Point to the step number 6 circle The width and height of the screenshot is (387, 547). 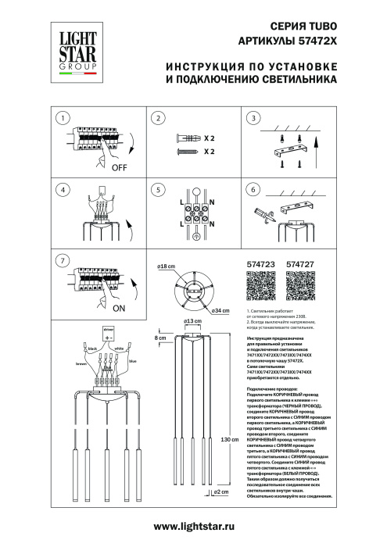coord(252,189)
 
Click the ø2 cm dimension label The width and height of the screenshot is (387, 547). coord(221,516)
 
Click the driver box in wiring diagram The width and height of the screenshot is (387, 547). coord(107,331)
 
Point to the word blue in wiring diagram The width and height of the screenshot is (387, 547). coord(132,360)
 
